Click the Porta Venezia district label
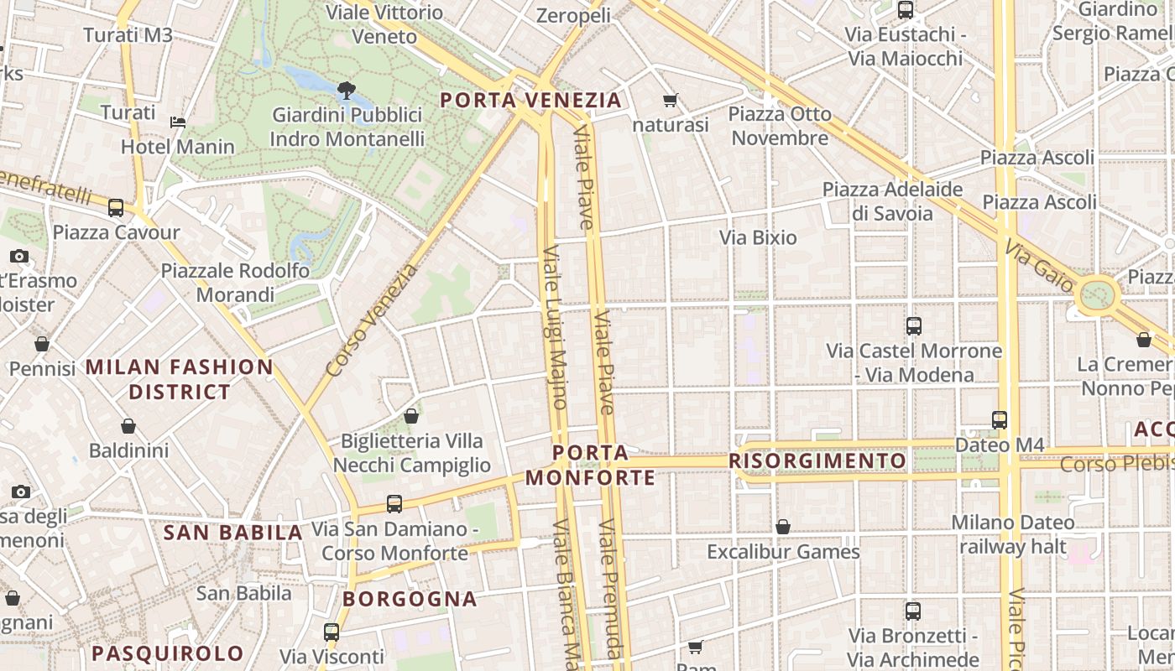[531, 101]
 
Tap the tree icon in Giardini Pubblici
[346, 90]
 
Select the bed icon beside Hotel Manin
[178, 122]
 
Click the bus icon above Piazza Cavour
[116, 207]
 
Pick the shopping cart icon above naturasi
[670, 101]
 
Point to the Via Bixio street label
[758, 237]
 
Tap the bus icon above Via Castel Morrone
[914, 326]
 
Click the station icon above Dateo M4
[999, 419]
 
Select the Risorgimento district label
[817, 461]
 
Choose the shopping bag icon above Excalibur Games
[783, 527]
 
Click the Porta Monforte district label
[591, 466]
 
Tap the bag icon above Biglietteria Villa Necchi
[411, 416]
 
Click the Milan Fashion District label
[180, 379]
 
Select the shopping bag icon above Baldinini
[128, 427]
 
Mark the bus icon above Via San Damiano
[394, 504]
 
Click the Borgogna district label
[410, 599]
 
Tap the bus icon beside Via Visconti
[332, 632]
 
